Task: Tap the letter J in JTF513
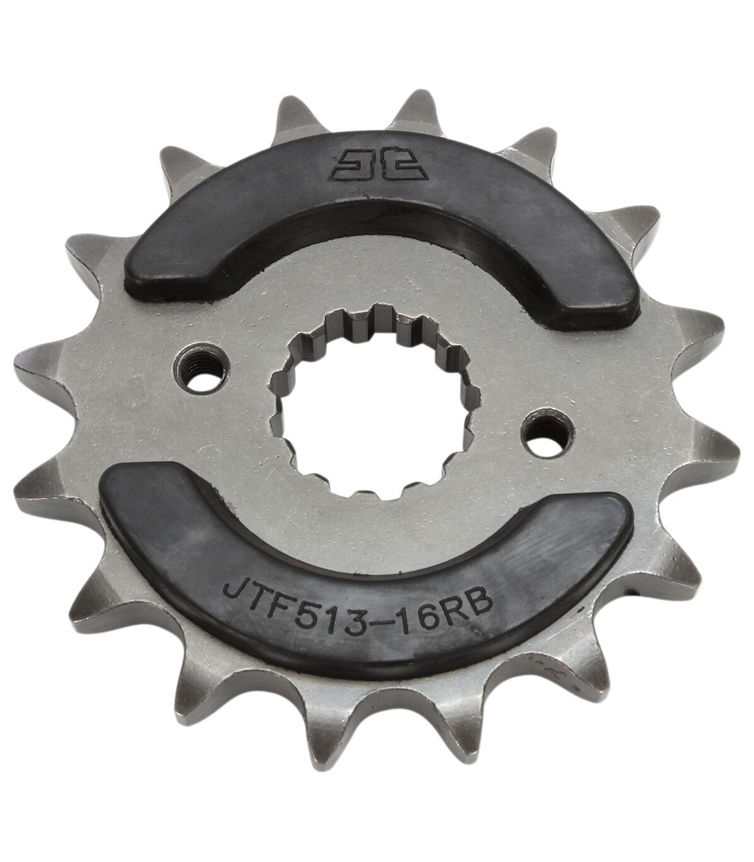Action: (234, 584)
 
